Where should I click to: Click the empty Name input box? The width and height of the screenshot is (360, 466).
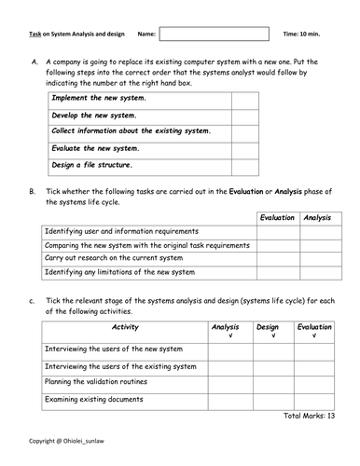[214, 34]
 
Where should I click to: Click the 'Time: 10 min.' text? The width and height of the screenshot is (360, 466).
[307, 34]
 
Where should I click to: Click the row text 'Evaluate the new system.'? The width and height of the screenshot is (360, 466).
[96, 149]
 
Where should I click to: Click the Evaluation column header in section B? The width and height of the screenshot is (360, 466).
[277, 217]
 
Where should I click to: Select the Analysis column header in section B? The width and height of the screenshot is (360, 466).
[317, 217]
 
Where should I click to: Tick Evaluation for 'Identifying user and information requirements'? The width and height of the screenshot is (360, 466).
[277, 231]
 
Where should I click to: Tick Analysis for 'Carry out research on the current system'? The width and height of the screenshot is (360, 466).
[317, 259]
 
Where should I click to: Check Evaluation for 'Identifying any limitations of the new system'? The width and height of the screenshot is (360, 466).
[277, 273]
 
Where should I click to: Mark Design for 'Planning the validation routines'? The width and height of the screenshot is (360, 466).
[268, 383]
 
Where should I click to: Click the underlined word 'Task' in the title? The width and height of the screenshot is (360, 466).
[35, 34]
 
